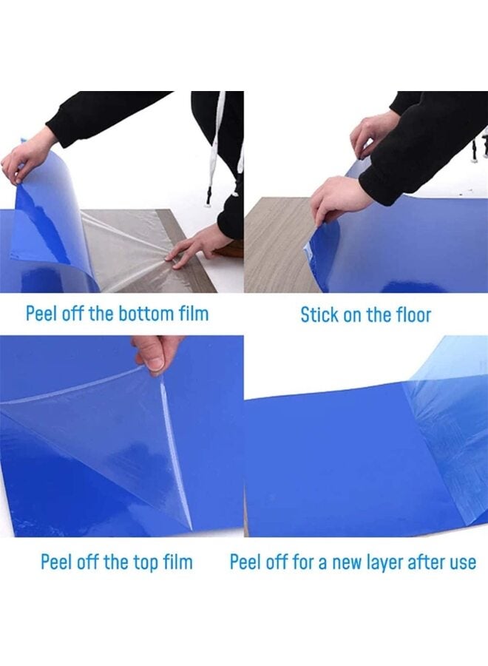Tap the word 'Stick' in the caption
click(x=318, y=314)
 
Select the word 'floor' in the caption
click(x=412, y=314)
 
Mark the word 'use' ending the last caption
click(x=463, y=562)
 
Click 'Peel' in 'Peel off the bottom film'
click(x=41, y=313)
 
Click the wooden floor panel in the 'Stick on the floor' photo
click(x=274, y=244)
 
